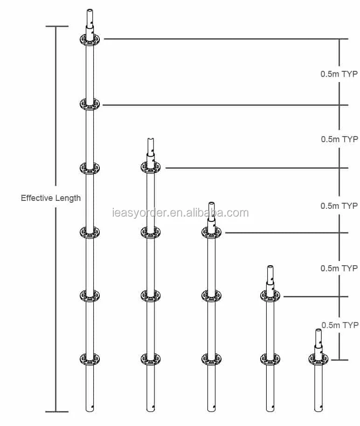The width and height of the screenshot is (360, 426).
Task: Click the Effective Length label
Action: [50, 198]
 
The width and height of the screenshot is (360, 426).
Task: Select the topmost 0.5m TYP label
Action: [339, 74]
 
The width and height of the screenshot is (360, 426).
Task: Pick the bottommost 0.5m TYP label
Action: [340, 325]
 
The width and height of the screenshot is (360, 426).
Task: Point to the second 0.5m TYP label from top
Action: [339, 139]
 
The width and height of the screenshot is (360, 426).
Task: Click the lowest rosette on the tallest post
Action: [90, 359]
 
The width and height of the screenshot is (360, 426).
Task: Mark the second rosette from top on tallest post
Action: [90, 104]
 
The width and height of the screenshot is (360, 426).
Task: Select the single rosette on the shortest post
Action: [319, 359]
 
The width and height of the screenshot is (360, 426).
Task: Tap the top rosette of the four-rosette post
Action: [151, 167]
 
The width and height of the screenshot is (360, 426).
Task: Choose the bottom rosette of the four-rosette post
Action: [151, 359]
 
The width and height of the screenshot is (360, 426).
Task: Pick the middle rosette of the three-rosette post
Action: [211, 295]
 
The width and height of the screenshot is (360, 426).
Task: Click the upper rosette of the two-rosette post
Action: [270, 295]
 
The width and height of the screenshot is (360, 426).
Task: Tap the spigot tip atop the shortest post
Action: [319, 331]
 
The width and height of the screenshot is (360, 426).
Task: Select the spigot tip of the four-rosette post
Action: [151, 139]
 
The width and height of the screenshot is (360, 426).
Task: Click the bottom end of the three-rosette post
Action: [211, 410]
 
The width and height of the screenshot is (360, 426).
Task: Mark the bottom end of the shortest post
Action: [319, 410]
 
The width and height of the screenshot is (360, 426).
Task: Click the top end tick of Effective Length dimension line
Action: [56, 27]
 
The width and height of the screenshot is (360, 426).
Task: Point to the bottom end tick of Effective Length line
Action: [56, 412]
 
